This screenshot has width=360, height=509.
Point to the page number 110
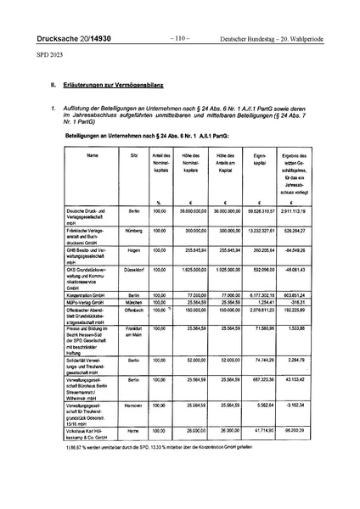coord(179,39)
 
